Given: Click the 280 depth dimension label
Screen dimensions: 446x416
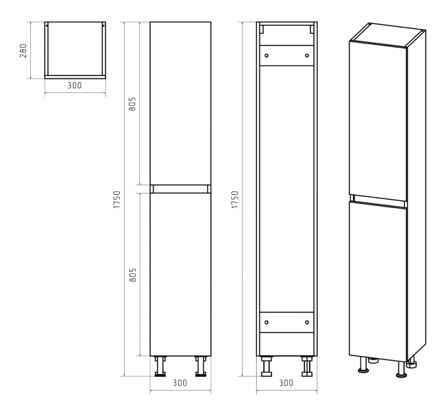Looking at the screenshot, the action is click(x=23, y=51).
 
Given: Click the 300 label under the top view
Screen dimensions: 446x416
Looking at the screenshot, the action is click(x=74, y=85).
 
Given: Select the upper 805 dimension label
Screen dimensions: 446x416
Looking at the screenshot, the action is click(x=133, y=104).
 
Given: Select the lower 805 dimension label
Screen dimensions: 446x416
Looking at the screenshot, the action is click(x=133, y=275).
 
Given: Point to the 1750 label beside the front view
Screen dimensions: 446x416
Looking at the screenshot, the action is click(x=117, y=200).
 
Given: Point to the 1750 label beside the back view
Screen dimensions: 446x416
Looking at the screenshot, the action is click(x=235, y=200).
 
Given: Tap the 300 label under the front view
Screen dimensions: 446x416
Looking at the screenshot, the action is click(x=180, y=383).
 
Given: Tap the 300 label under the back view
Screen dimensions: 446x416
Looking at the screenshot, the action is click(x=286, y=383).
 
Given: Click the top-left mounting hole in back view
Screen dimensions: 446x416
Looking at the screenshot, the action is click(x=266, y=56).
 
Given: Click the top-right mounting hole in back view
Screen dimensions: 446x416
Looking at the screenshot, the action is click(x=307, y=56).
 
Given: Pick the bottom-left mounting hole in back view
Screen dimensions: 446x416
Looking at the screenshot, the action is click(x=266, y=322).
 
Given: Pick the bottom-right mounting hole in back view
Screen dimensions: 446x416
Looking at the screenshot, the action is click(x=307, y=322).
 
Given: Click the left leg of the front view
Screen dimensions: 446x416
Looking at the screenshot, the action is click(x=160, y=366).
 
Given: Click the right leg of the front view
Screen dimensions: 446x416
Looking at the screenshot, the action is click(x=200, y=366).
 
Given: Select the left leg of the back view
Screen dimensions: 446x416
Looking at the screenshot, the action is click(x=266, y=366).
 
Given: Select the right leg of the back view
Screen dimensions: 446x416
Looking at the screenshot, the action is click(x=307, y=366).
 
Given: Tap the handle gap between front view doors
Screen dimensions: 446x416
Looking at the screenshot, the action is click(x=180, y=189).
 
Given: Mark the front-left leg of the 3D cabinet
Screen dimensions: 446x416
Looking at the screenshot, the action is click(x=363, y=365).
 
